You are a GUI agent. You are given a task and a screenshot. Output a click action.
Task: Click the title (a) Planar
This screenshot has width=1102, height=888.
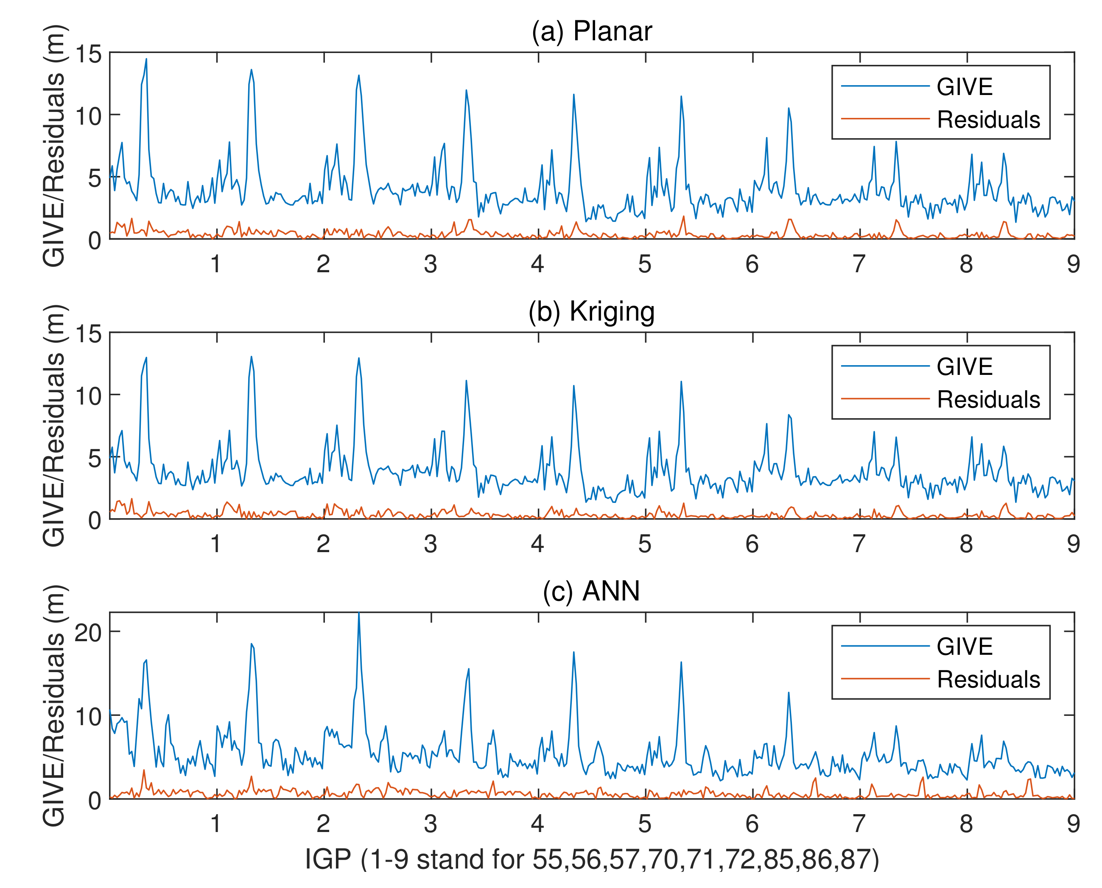click(592, 32)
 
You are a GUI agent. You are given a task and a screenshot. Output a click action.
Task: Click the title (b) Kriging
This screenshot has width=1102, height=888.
click(592, 312)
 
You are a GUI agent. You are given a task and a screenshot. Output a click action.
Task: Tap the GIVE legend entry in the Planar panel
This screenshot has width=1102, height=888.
click(965, 87)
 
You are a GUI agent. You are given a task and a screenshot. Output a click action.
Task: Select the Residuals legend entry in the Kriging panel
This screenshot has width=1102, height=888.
click(988, 399)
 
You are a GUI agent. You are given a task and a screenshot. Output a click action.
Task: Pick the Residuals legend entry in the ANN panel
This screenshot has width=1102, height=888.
click(988, 679)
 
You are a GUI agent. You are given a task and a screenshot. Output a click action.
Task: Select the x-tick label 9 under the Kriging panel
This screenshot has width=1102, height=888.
click(1073, 544)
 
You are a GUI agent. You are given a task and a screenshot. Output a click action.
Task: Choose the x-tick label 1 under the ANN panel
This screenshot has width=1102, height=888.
click(216, 824)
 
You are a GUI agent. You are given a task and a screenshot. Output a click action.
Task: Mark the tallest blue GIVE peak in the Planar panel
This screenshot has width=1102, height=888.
click(146, 59)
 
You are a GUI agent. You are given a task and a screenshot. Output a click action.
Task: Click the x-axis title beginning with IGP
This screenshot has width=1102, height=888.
click(592, 859)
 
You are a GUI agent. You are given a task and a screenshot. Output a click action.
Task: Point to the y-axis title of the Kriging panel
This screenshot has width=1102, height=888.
click(54, 426)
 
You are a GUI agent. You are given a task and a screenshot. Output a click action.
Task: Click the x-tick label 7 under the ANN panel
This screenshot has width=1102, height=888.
click(859, 824)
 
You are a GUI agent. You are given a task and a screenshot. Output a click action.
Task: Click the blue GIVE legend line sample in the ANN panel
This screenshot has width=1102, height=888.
click(885, 647)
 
